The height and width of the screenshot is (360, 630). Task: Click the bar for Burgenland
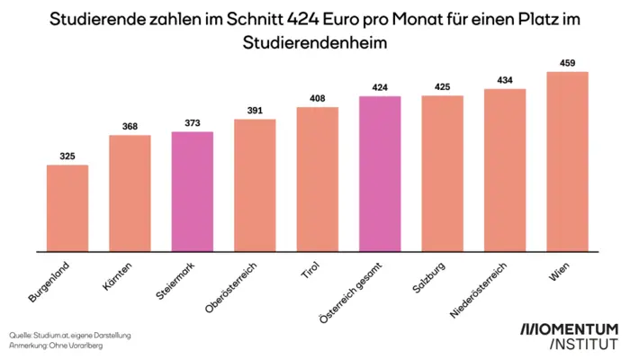tap(67, 208)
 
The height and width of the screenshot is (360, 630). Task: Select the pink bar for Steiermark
tap(193, 191)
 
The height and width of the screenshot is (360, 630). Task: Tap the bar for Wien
tap(567, 161)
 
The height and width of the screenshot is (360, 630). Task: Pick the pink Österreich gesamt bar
tap(380, 174)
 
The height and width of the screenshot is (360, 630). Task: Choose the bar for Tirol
tap(317, 179)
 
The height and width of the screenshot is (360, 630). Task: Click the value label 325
tap(67, 157)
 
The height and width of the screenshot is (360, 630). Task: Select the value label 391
tap(255, 111)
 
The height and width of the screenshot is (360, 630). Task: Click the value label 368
tap(130, 127)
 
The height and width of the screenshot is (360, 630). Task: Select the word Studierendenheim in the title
tap(315, 41)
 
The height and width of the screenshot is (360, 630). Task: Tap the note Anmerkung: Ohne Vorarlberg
tap(56, 346)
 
